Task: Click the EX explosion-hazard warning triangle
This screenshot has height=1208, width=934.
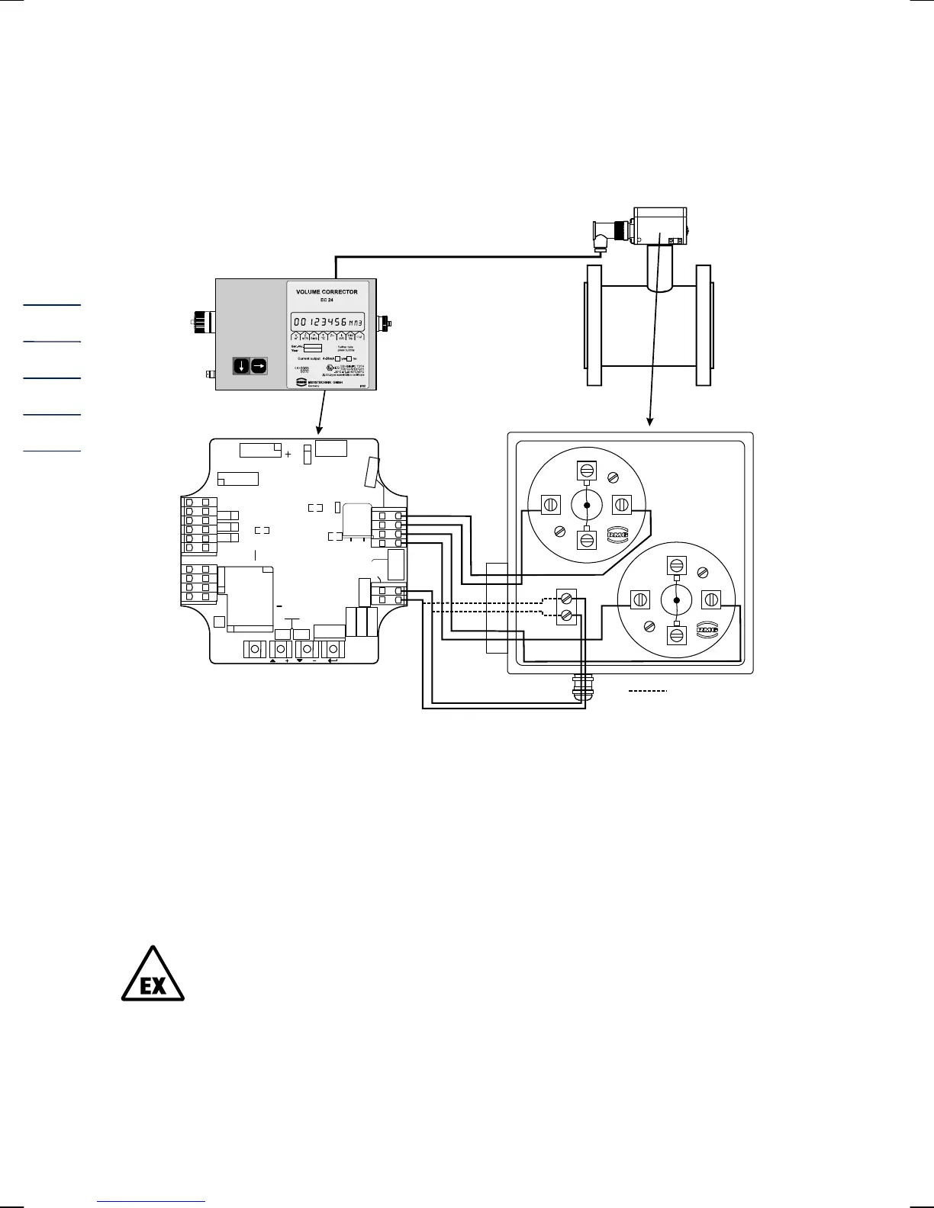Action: tap(153, 976)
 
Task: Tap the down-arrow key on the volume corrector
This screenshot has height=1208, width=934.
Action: tap(241, 366)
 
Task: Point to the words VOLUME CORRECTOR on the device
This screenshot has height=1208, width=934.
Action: tap(327, 291)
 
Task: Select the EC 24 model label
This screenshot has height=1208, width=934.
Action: tap(327, 300)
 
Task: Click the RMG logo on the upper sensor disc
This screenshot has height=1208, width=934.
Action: tap(617, 535)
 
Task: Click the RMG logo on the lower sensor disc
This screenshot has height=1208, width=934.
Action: tap(707, 631)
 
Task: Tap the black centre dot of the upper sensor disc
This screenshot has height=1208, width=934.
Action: tap(587, 505)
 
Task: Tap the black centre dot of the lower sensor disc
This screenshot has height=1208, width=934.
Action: tap(676, 600)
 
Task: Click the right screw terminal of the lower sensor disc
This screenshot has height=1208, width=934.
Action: tap(711, 600)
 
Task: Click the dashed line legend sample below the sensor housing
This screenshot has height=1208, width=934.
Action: tap(648, 691)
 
